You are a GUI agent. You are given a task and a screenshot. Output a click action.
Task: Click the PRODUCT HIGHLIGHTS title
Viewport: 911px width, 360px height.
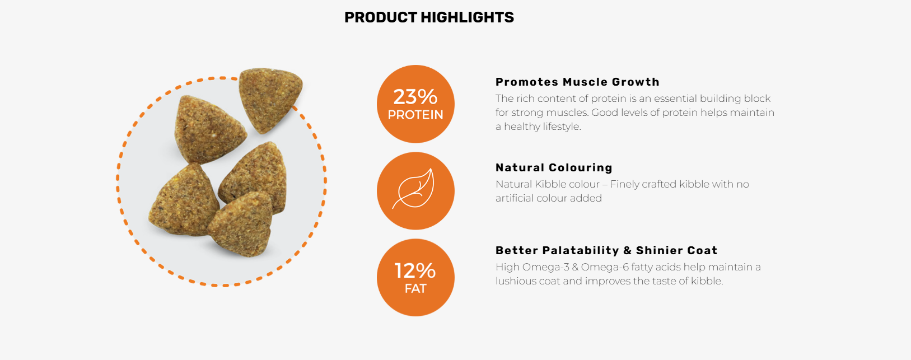(429, 17)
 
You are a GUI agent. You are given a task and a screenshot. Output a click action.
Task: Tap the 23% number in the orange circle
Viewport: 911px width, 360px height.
(415, 97)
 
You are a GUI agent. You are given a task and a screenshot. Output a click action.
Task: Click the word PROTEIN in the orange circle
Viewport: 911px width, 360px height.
(415, 115)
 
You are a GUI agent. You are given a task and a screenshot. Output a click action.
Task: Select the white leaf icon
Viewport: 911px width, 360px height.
(415, 189)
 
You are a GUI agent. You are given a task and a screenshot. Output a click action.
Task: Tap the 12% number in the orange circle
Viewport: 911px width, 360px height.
(415, 271)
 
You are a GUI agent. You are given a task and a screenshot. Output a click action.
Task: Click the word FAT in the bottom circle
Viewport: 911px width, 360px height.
(415, 289)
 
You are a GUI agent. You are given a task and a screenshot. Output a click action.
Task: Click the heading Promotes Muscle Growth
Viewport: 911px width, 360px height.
(577, 82)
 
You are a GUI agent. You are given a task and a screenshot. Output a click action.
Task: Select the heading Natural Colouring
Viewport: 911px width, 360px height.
(554, 167)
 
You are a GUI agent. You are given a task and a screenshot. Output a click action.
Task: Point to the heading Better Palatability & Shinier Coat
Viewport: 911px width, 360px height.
(606, 250)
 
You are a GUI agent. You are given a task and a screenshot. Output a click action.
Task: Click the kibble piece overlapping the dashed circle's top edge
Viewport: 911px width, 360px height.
(269, 100)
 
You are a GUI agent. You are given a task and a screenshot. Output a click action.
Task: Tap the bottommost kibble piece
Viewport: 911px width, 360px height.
(242, 224)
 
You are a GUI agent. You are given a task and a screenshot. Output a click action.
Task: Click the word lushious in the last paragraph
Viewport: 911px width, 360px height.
(516, 281)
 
